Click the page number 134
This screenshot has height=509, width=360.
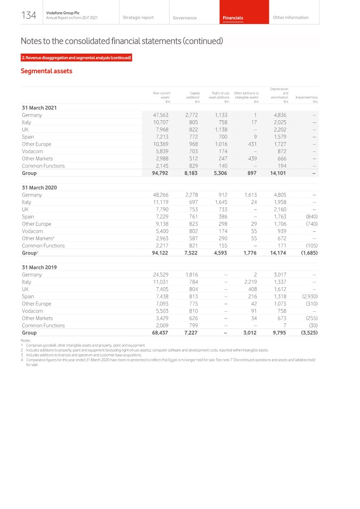tap(29, 16)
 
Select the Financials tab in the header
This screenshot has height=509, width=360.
tap(233, 18)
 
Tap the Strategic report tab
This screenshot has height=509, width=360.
tap(138, 17)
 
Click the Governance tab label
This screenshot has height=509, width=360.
tap(184, 18)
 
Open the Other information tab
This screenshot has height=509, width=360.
tap(290, 17)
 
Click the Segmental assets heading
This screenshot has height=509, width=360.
tap(47, 71)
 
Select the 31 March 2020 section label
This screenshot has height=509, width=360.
tap(39, 187)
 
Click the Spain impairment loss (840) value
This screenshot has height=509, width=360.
tap(310, 217)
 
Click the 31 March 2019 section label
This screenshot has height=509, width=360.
tap(39, 267)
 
